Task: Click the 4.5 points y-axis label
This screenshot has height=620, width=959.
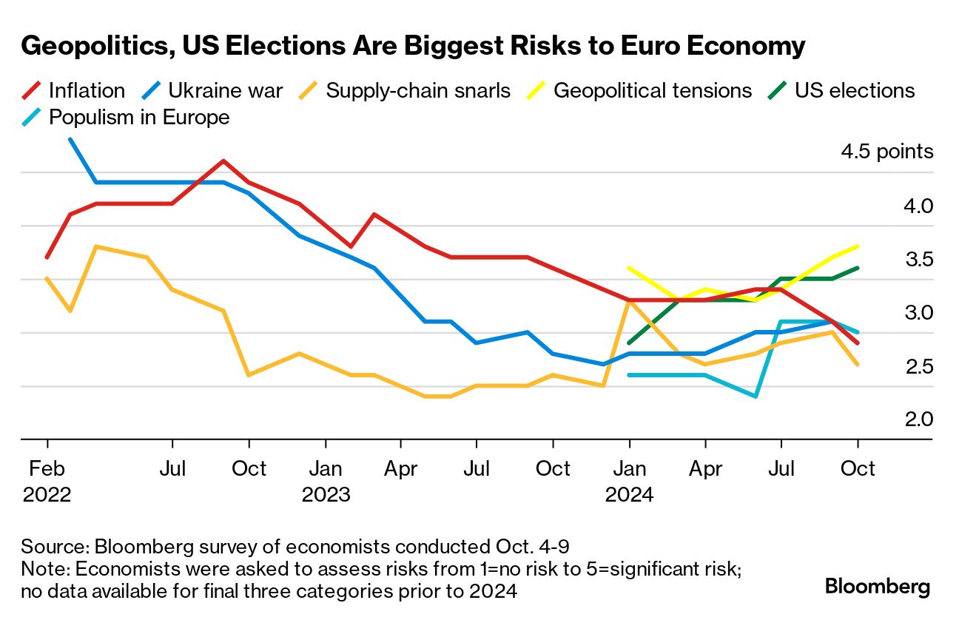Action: (x=886, y=152)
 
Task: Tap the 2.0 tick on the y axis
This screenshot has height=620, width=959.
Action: (x=918, y=419)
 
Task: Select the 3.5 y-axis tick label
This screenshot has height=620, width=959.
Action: (x=918, y=260)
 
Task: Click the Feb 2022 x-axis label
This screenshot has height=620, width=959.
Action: (x=47, y=481)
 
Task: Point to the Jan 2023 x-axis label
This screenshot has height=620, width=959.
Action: (x=326, y=481)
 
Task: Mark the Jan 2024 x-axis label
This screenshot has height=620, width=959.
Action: (x=629, y=481)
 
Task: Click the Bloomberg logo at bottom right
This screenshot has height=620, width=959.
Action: (x=878, y=587)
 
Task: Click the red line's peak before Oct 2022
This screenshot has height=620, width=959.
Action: (x=223, y=161)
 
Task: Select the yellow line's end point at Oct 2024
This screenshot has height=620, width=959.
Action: (x=858, y=246)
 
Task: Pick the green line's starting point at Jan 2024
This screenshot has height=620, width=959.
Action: (x=629, y=343)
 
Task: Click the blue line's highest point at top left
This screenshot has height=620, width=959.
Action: (x=70, y=139)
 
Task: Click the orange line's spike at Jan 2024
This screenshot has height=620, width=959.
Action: (x=629, y=301)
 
